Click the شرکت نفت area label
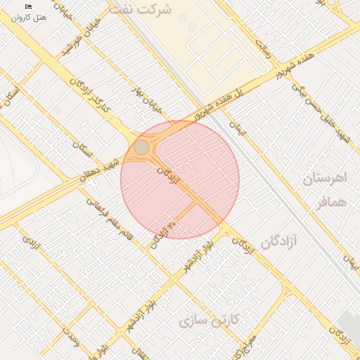click(146, 10)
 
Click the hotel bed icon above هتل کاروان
click(29, 6)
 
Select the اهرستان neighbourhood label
click(325, 178)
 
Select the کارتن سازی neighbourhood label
click(209, 321)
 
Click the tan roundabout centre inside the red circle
click(142, 147)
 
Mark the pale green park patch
click(347, 323)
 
